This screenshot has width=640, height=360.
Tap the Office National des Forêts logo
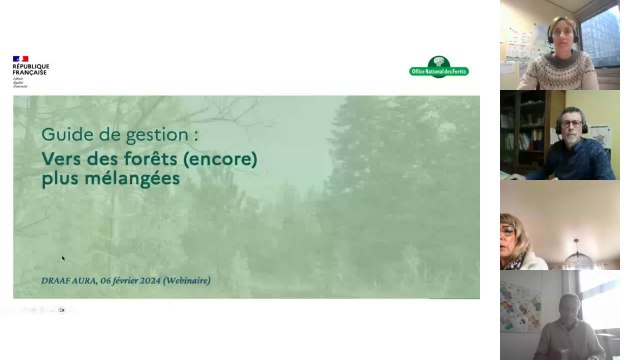tap(439, 68)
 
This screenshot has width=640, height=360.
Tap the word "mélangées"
tap(131, 179)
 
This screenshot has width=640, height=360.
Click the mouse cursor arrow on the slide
tap(63, 258)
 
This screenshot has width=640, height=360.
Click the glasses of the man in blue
tap(571, 125)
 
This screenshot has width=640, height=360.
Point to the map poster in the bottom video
tap(520, 304)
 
